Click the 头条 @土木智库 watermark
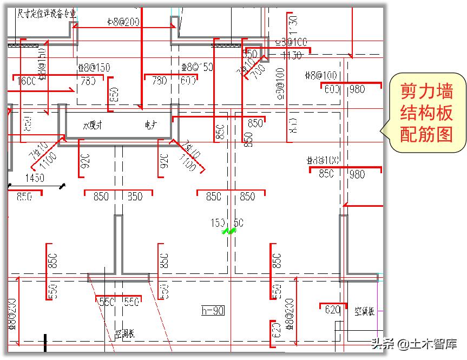pyautogui.click(x=413, y=344)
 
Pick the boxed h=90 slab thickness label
pyautogui.click(x=213, y=311)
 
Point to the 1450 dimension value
pyautogui.click(x=35, y=178)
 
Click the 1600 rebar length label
pyautogui.click(x=26, y=81)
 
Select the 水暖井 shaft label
pyautogui.click(x=93, y=125)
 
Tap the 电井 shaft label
pyautogui.click(x=150, y=125)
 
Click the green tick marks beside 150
pyautogui.click(x=229, y=231)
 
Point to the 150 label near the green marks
pyautogui.click(x=218, y=223)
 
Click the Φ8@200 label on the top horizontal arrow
pyautogui.click(x=123, y=22)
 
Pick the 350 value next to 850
pyautogui.click(x=135, y=197)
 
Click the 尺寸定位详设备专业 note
pyautogui.click(x=47, y=14)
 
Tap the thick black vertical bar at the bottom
pyautogui.click(x=45, y=343)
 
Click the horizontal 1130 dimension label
pyautogui.click(x=292, y=56)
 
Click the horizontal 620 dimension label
pyautogui.click(x=333, y=310)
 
